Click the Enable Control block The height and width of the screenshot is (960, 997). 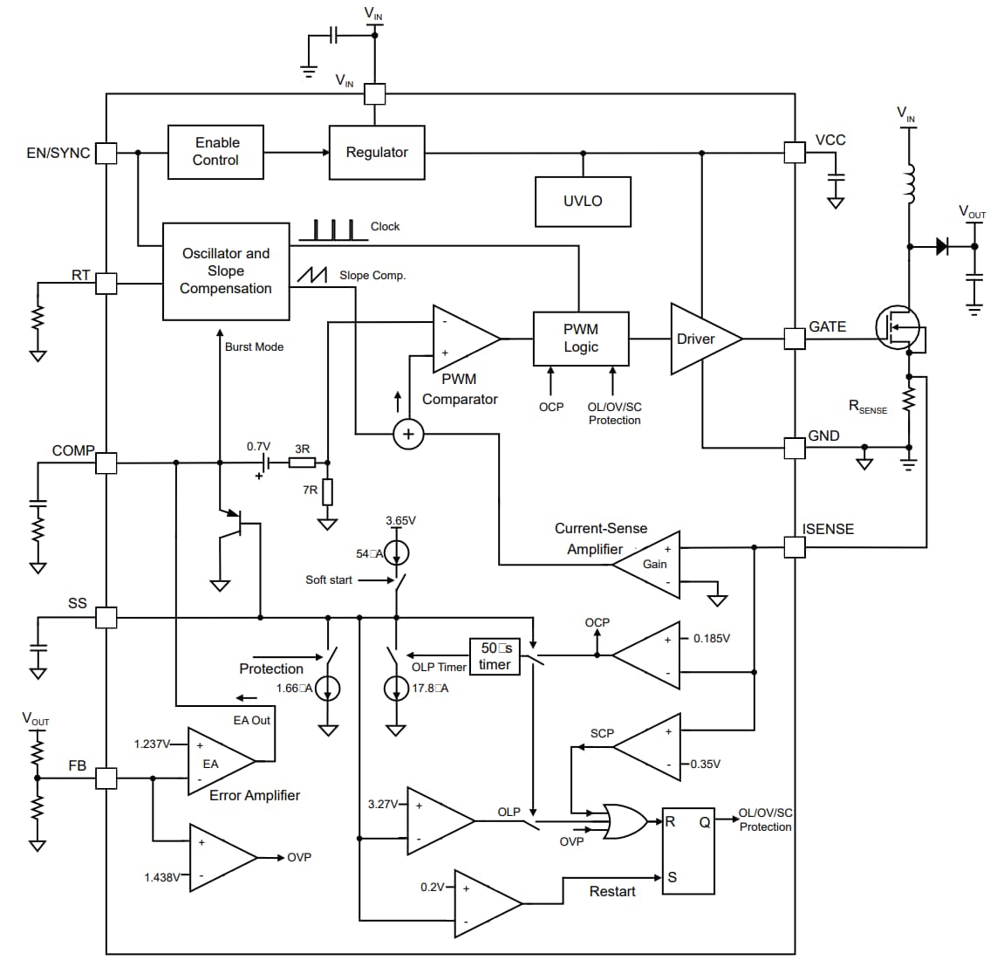[x=215, y=152]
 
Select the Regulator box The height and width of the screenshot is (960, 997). [x=377, y=153]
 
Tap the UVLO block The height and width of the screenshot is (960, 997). [x=583, y=202]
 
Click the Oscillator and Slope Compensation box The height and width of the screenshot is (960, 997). [x=226, y=271]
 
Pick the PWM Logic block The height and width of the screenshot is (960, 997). [x=581, y=339]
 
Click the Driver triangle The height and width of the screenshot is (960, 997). [x=700, y=339]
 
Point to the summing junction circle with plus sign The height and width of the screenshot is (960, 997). [x=408, y=434]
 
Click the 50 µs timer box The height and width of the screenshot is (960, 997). [x=495, y=656]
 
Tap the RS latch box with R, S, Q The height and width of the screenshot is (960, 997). [x=687, y=849]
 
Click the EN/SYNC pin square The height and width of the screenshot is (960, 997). [x=106, y=154]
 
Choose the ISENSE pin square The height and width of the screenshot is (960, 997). [x=795, y=547]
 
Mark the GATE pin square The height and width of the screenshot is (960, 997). [x=795, y=338]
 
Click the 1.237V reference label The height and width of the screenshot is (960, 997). [x=151, y=744]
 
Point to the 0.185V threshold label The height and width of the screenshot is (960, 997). [x=711, y=639]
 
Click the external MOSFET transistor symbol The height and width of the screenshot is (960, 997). [x=898, y=328]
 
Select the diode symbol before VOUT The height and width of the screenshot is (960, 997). [x=942, y=246]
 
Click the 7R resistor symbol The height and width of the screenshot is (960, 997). [x=328, y=492]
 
